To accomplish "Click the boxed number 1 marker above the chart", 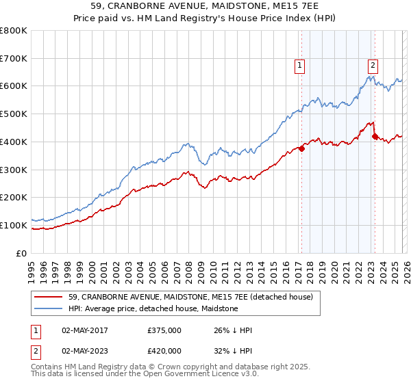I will pyautogui.click(x=300, y=66).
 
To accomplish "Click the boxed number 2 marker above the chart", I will pyautogui.click(x=373, y=66).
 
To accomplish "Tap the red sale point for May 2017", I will pyautogui.click(x=301, y=148).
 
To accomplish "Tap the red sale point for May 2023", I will pyautogui.click(x=374, y=136).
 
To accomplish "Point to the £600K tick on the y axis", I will pyautogui.click(x=15, y=86).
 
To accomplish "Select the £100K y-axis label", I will pyautogui.click(x=15, y=225).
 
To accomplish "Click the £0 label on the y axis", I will pyautogui.click(x=23, y=253).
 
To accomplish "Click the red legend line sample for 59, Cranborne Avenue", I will pyautogui.click(x=49, y=297).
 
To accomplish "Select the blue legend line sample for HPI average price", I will pyautogui.click(x=49, y=309).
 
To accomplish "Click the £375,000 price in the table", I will pyautogui.click(x=164, y=330).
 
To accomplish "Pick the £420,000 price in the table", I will pyautogui.click(x=164, y=351).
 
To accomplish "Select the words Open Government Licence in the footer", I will pyautogui.click(x=188, y=374).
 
